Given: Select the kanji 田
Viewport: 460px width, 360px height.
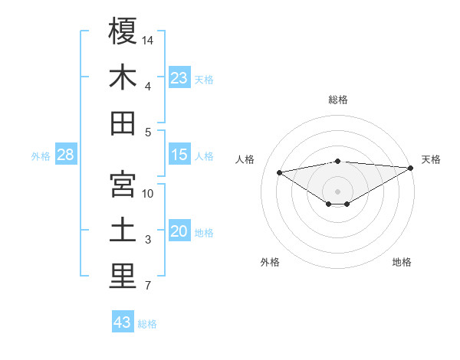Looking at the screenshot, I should (123, 123).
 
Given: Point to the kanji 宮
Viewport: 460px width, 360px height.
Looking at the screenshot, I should (123, 185).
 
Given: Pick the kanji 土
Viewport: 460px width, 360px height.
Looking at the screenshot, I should (123, 231).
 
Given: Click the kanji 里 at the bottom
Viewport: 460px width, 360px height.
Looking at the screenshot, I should (123, 277).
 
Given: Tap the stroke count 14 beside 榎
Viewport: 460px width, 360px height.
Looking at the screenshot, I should (148, 39).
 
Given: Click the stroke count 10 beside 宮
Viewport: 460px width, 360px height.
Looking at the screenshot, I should (148, 193).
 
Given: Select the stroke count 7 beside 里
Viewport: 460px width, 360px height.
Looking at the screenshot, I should (148, 286).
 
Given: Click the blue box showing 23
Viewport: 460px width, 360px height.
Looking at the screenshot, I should (179, 78).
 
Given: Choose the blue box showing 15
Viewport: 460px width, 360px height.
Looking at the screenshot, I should (179, 155).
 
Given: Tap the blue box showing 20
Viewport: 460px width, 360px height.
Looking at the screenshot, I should (179, 232).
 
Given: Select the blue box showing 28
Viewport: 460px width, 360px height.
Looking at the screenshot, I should (66, 155).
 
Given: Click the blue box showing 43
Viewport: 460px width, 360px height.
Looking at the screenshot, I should (123, 322).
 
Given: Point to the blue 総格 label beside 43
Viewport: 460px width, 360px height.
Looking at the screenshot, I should (147, 324).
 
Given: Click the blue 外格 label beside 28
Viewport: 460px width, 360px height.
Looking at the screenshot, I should (41, 156).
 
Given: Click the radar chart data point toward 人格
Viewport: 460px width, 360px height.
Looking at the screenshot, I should (280, 172).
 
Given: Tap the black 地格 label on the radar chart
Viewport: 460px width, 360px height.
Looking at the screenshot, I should (402, 262).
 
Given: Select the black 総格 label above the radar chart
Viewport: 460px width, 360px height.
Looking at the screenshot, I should (338, 100).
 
